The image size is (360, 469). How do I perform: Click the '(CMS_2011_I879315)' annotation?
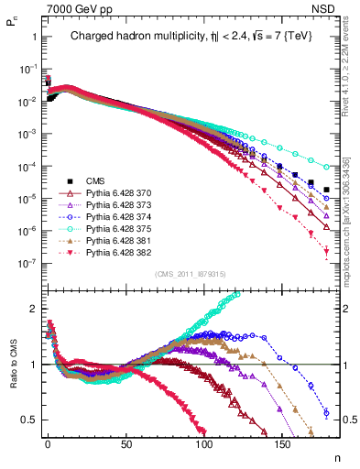point(191,274)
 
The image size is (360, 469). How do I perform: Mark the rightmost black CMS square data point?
point(327,190)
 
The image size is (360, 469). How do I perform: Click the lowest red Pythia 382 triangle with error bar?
point(327,259)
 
